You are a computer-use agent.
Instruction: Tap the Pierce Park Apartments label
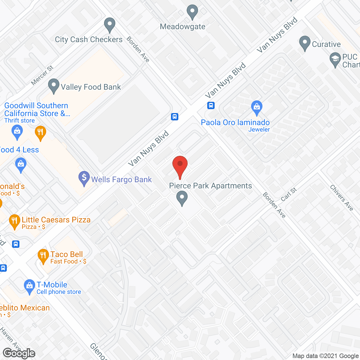pyautogui.click(x=210, y=186)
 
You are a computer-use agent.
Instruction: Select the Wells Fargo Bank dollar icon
pyautogui.click(x=84, y=178)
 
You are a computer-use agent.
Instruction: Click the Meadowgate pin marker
pyautogui.click(x=192, y=12)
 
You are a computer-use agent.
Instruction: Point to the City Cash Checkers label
pyautogui.click(x=89, y=39)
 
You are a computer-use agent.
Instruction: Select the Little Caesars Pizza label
pyautogui.click(x=56, y=220)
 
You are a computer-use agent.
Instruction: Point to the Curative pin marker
pyautogui.click(x=305, y=43)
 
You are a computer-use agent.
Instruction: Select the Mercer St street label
pyautogui.click(x=42, y=75)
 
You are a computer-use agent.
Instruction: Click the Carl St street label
pyautogui.click(x=289, y=194)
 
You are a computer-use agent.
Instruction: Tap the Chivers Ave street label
pyautogui.click(x=341, y=198)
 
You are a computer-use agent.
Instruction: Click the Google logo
pyautogui.click(x=19, y=353)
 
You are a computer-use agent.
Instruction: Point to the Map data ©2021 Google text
pyautogui.click(x=325, y=356)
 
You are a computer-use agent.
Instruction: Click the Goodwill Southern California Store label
pyautogui.click(x=37, y=109)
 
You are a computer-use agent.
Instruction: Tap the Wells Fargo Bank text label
pyautogui.click(x=121, y=179)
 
